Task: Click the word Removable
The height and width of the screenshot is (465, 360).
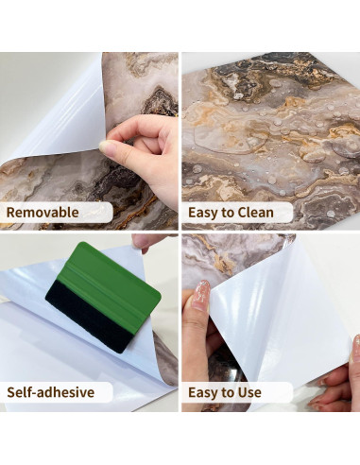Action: [x=43, y=212]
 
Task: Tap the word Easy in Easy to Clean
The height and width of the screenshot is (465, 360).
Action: [x=201, y=213]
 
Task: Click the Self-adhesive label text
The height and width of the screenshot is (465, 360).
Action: [x=51, y=392]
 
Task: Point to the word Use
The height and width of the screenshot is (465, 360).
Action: [x=249, y=392]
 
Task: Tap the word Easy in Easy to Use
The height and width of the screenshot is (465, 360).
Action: [x=201, y=393]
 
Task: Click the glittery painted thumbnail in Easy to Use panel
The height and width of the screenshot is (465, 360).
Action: [x=200, y=296]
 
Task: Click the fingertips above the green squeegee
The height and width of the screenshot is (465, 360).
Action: [x=147, y=242]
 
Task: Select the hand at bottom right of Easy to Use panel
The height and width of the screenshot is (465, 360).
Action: [x=337, y=381]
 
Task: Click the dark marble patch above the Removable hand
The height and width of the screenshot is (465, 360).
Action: [x=160, y=100]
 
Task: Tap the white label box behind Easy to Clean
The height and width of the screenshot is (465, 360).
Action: [x=237, y=213]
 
